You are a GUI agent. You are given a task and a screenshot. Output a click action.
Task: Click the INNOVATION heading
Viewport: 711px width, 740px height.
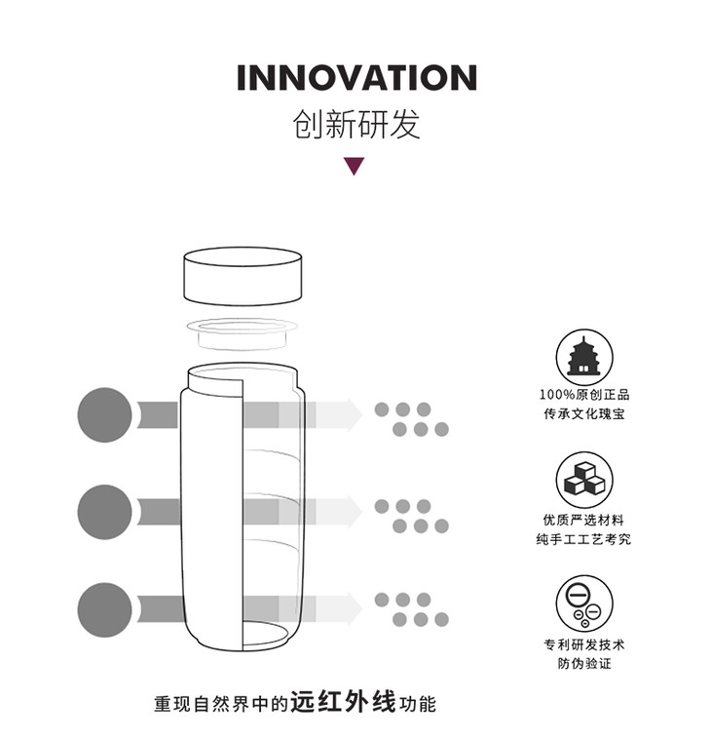(x=356, y=79)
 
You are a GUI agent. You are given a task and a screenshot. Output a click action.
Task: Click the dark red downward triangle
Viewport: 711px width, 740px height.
(x=355, y=166)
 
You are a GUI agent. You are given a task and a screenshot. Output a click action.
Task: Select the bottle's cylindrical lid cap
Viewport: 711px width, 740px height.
(x=242, y=276)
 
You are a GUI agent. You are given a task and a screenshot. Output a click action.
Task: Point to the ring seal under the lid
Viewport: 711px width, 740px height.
(x=243, y=331)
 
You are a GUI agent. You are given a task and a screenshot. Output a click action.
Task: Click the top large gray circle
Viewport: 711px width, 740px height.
(x=104, y=415)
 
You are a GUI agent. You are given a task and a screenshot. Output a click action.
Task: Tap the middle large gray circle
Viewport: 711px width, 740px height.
(x=104, y=508)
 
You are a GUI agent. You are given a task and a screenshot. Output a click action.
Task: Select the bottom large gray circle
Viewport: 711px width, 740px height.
(x=104, y=608)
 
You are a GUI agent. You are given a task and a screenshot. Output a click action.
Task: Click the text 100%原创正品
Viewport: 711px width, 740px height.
(x=584, y=395)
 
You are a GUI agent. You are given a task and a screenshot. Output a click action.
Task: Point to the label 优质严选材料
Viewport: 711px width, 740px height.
(x=584, y=520)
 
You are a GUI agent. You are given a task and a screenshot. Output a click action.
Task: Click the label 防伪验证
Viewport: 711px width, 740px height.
(x=584, y=664)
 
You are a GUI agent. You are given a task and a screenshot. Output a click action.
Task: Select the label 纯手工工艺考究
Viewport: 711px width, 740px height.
(x=584, y=539)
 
